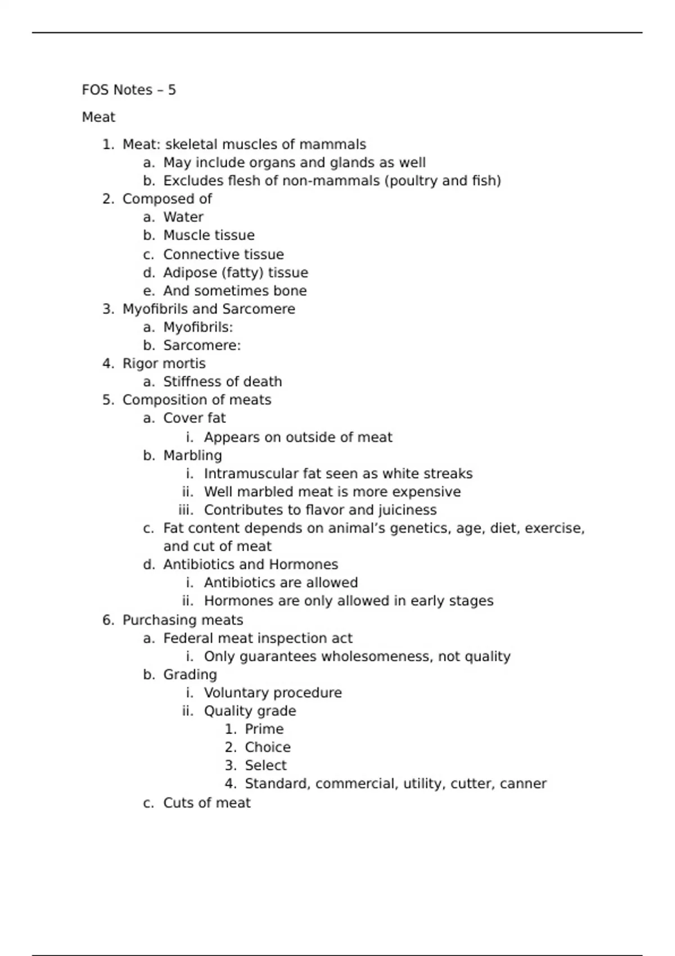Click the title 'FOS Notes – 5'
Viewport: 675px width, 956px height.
(129, 90)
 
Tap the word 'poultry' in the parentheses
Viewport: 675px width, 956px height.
(413, 181)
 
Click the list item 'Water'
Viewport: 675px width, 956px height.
(183, 217)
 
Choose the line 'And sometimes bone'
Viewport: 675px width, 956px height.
(235, 291)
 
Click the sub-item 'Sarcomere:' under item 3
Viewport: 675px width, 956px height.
(202, 345)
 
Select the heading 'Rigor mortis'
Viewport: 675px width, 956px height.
(164, 363)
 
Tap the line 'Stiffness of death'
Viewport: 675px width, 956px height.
(222, 382)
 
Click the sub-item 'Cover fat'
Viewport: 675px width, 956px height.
(194, 418)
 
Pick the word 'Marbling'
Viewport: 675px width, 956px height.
(192, 456)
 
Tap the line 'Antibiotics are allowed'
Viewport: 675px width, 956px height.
(281, 583)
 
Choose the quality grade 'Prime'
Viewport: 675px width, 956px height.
(264, 729)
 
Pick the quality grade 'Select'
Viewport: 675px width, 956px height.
(265, 765)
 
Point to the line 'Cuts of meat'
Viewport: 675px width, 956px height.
(206, 803)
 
